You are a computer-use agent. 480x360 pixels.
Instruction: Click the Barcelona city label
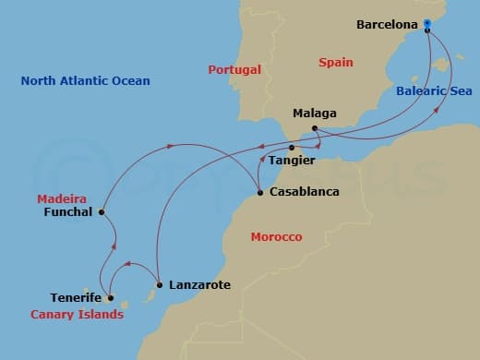[388, 25]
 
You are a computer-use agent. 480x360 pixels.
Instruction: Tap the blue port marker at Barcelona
[427, 30]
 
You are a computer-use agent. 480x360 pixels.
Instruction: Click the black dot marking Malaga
[315, 127]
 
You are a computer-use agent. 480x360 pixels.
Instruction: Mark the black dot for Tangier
[292, 148]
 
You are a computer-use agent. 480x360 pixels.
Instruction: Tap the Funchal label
[68, 211]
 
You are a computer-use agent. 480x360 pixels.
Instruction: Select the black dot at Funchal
[102, 212]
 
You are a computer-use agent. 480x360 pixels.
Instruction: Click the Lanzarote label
[199, 285]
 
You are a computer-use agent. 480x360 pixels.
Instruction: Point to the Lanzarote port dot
[160, 284]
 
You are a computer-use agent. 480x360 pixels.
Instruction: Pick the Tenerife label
[76, 298]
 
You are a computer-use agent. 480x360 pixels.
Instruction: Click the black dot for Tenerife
[110, 298]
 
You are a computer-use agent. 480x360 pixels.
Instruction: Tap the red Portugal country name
[234, 70]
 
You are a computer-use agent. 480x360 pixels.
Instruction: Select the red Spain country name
[336, 63]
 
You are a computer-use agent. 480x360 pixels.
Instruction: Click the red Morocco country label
[276, 237]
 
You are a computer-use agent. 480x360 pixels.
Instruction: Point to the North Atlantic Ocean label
[85, 81]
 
